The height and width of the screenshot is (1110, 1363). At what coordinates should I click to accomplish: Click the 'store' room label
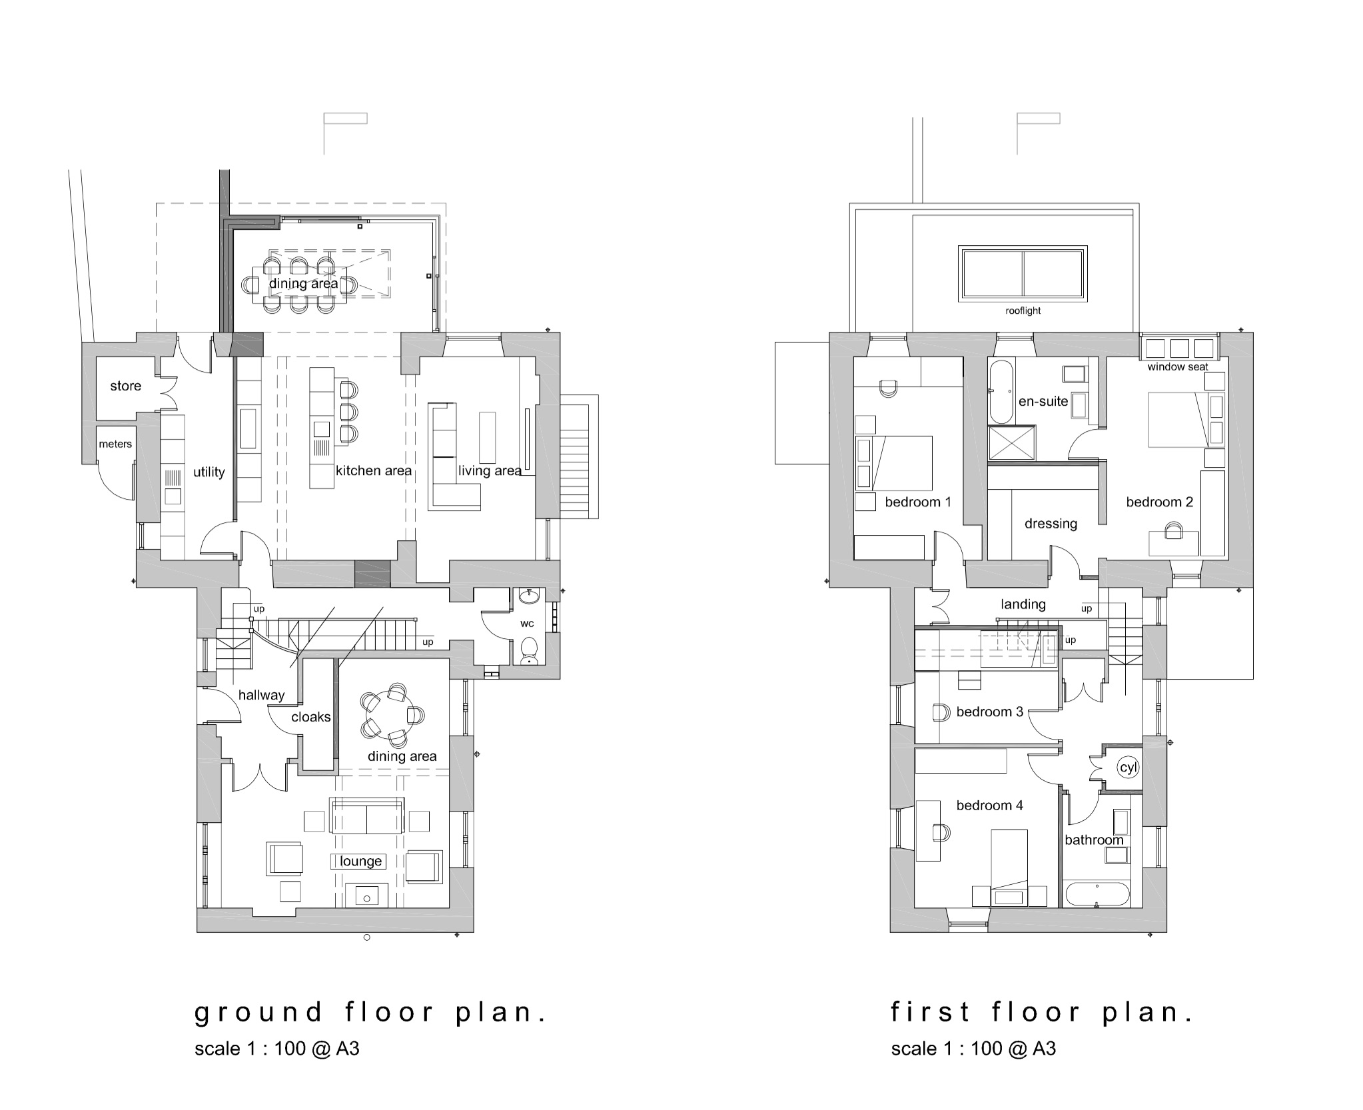[x=125, y=386]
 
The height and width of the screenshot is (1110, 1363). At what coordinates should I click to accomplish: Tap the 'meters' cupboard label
[x=115, y=444]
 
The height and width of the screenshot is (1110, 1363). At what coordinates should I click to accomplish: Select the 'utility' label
[x=209, y=472]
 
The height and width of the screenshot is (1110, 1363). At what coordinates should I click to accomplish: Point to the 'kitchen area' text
[x=374, y=471]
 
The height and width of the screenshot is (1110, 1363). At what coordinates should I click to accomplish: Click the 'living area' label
[x=490, y=471]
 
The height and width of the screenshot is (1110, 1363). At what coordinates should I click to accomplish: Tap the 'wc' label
[x=527, y=624]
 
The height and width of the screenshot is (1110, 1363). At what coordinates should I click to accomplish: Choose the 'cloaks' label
[x=311, y=717]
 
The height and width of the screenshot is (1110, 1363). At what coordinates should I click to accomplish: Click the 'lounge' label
[x=360, y=861]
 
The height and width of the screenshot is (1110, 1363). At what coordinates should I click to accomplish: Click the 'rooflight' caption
[x=1023, y=311]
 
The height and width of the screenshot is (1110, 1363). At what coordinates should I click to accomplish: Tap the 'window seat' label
[x=1178, y=367]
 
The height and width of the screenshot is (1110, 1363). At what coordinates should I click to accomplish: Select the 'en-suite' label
[x=1043, y=402]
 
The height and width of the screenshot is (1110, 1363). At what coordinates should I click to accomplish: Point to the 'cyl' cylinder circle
[x=1128, y=768]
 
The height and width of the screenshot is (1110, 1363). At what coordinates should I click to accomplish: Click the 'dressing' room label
[x=1051, y=524]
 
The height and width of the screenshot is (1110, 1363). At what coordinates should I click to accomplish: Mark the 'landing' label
[x=1023, y=604]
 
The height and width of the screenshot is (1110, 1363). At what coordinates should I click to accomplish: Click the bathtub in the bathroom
[x=1097, y=894]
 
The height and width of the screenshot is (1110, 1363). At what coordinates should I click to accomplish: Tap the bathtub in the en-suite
[x=1000, y=392]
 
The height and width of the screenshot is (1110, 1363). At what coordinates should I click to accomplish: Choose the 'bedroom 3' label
[x=989, y=712]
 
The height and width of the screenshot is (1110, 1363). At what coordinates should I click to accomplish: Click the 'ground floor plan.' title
[x=370, y=1013]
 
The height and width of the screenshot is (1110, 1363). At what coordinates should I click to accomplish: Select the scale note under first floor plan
[x=973, y=1049]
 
